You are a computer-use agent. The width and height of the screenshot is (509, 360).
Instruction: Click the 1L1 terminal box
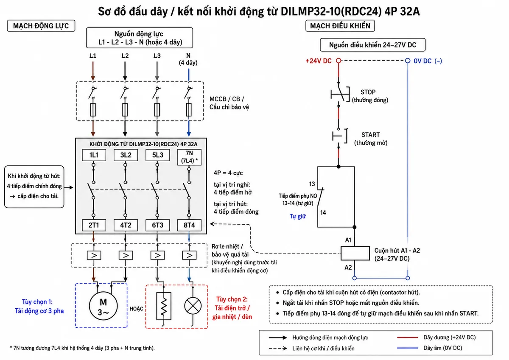(94, 155)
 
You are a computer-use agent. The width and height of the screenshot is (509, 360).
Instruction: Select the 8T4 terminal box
(189, 225)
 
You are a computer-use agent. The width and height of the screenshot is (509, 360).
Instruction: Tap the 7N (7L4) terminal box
(189, 157)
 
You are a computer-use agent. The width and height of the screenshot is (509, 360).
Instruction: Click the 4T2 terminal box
(126, 225)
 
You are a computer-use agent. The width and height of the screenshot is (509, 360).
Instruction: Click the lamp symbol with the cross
(193, 305)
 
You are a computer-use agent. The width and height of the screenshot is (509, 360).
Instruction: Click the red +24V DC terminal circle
(338, 61)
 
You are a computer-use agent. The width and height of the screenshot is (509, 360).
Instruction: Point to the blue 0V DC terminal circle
(408, 61)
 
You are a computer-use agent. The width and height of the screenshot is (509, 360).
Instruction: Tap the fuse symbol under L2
(125, 110)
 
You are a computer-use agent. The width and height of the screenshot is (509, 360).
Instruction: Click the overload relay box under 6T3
(158, 255)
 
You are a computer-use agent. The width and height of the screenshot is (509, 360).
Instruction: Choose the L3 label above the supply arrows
(157, 56)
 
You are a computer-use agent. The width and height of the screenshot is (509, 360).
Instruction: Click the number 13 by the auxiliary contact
(312, 184)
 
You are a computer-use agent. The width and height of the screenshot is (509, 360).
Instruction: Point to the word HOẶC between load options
(136, 309)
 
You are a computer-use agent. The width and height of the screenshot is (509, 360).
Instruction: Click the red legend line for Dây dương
(408, 338)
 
